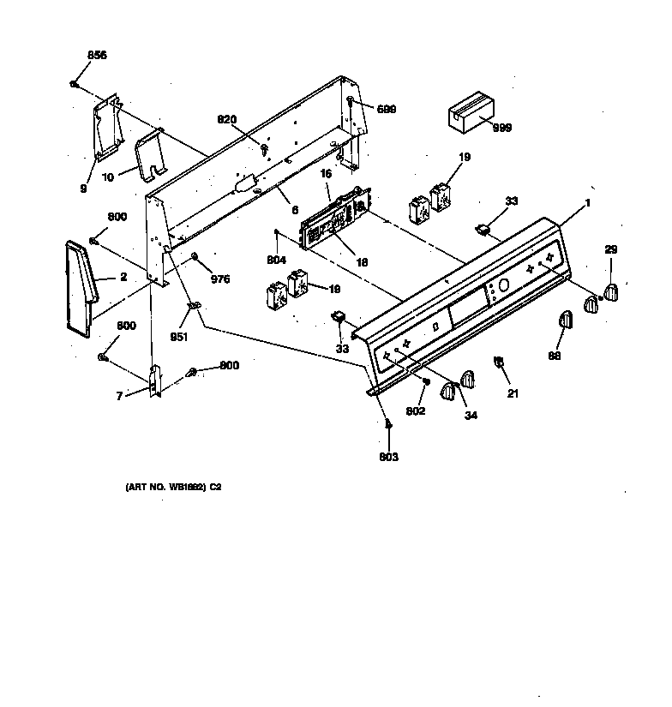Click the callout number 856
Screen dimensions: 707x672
coord(97,55)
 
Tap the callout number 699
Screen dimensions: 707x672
coord(387,108)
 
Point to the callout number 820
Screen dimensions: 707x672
coord(225,119)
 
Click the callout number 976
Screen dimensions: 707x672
coord(220,279)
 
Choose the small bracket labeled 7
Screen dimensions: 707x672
coord(155,381)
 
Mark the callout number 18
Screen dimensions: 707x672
coord(363,262)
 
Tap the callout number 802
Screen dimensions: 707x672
coord(416,411)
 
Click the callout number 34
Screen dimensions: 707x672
coord(471,416)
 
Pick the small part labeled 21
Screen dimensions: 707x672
coord(497,363)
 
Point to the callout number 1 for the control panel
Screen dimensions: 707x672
coord(588,202)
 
